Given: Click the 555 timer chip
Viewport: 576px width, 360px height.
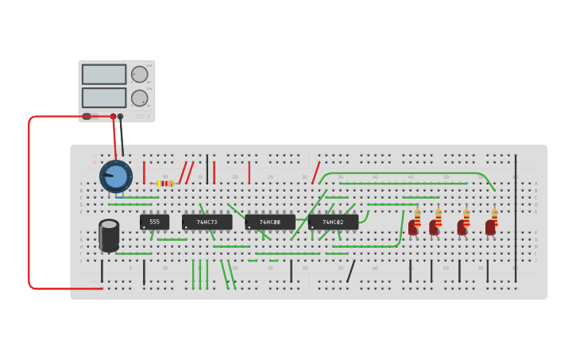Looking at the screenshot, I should point(154,222).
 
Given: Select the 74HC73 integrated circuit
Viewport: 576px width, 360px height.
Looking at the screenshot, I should point(207,222).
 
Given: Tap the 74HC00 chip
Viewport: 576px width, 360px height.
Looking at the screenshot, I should point(269,222).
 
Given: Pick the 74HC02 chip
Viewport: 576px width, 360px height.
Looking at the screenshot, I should point(333,222).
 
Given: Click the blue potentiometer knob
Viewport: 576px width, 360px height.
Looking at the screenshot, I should point(116,176).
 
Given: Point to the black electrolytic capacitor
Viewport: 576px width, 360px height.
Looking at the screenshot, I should point(109,235).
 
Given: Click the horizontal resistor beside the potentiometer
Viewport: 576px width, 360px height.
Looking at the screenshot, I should point(165,184).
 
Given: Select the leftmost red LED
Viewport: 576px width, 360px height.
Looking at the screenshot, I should point(413,228).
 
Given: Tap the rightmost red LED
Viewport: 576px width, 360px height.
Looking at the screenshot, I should point(490,228).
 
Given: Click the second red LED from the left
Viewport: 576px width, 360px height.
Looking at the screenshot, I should point(434,228).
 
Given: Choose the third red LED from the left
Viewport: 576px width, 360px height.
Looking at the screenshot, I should point(462,228).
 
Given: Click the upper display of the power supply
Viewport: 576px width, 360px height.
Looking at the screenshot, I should point(104,75).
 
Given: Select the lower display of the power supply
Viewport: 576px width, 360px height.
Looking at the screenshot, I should point(104,98).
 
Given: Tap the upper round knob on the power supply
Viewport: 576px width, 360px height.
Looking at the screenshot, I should point(139,75).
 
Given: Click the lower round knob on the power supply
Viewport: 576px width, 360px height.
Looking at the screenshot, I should point(139,99).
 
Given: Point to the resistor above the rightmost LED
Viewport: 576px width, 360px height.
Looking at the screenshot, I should point(494,215).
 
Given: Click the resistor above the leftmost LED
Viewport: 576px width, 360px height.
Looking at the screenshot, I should point(417,215).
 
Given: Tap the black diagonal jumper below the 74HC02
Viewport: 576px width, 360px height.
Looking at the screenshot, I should point(350,271).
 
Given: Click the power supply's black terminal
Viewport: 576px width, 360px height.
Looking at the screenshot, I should point(120,117).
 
